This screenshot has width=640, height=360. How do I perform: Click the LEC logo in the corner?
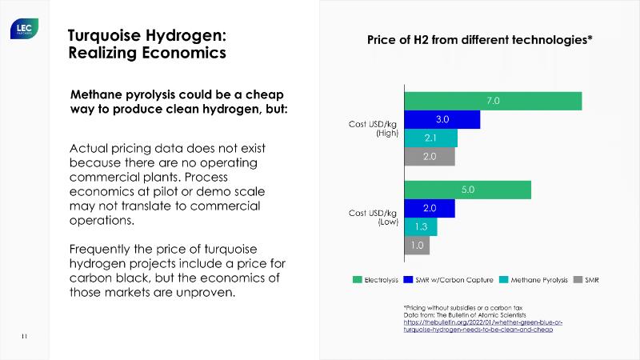coord(22,30)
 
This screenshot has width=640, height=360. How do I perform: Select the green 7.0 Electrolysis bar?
coord(493,101)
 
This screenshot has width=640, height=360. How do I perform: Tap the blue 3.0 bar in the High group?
coord(442,119)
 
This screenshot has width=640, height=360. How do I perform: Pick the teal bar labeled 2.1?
coord(430,138)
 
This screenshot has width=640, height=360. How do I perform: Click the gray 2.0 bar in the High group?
coord(430,156)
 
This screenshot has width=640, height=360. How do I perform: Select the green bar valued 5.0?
coord(468,190)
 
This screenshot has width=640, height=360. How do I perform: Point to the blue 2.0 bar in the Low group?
coord(430,208)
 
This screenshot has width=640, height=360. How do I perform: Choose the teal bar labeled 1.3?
coord(421,227)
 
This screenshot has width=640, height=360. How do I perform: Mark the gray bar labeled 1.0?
coord(417,246)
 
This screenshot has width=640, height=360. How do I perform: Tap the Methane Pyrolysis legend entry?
coord(534,280)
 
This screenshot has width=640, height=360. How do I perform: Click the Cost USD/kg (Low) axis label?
coord(373,218)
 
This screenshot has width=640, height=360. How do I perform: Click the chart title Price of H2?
coord(479,39)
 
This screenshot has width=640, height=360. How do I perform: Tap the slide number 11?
coord(24,336)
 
